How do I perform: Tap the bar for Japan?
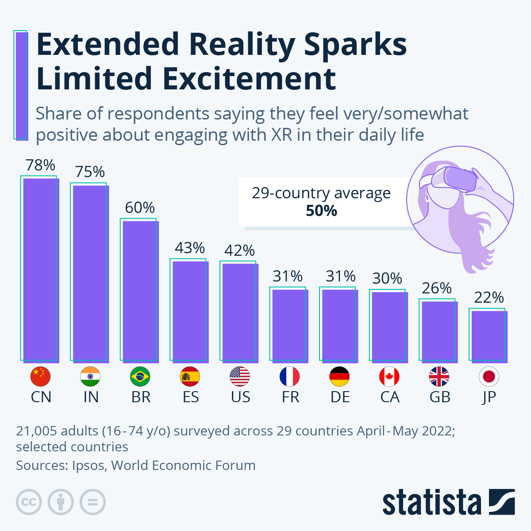coord(489,336)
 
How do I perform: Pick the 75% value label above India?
coord(90,172)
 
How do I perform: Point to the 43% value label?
coord(190,248)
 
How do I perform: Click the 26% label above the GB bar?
coord(437,289)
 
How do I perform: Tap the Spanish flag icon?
coord(190,377)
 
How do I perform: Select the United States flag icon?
coord(240,377)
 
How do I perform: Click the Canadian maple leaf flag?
coord(389,377)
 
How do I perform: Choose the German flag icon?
coord(339,377)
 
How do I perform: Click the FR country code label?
coord(290,397)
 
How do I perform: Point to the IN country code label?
coord(91,397)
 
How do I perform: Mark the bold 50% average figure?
coord(322,211)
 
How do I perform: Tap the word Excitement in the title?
coord(249,79)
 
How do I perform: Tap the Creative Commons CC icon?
coord(29,502)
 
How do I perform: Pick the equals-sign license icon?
coord(93,502)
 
